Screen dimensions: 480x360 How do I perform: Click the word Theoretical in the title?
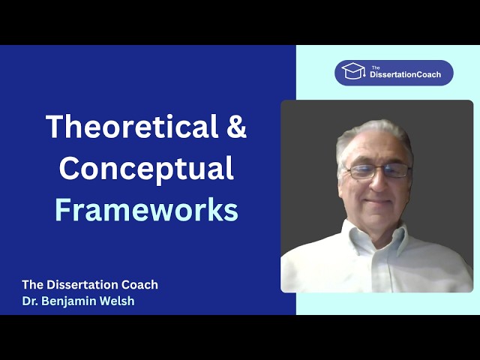click(132, 126)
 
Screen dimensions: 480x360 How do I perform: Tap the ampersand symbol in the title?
click(236, 126)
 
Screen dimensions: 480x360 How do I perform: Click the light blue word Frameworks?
click(146, 210)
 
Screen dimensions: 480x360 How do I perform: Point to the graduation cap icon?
click(353, 71)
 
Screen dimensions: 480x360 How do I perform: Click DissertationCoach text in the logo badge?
click(405, 75)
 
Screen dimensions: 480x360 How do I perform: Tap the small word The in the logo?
click(376, 67)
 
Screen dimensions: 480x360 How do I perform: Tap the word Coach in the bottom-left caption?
click(139, 285)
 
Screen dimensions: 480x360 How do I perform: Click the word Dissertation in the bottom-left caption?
click(82, 285)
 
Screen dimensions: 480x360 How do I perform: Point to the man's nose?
click(379, 183)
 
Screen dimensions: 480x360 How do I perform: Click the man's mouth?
click(378, 202)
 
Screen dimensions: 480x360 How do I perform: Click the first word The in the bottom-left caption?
click(32, 285)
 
